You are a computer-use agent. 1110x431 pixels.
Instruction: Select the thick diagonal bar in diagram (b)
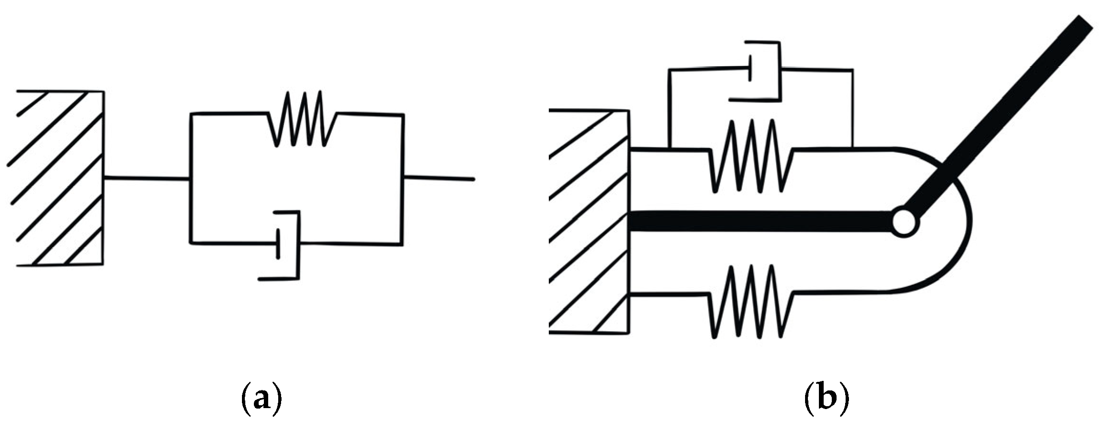click(1002, 115)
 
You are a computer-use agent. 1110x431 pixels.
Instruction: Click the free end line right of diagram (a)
click(439, 179)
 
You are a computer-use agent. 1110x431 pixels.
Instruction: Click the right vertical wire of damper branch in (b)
click(852, 107)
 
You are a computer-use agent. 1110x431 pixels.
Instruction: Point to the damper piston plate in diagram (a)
click(278, 244)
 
